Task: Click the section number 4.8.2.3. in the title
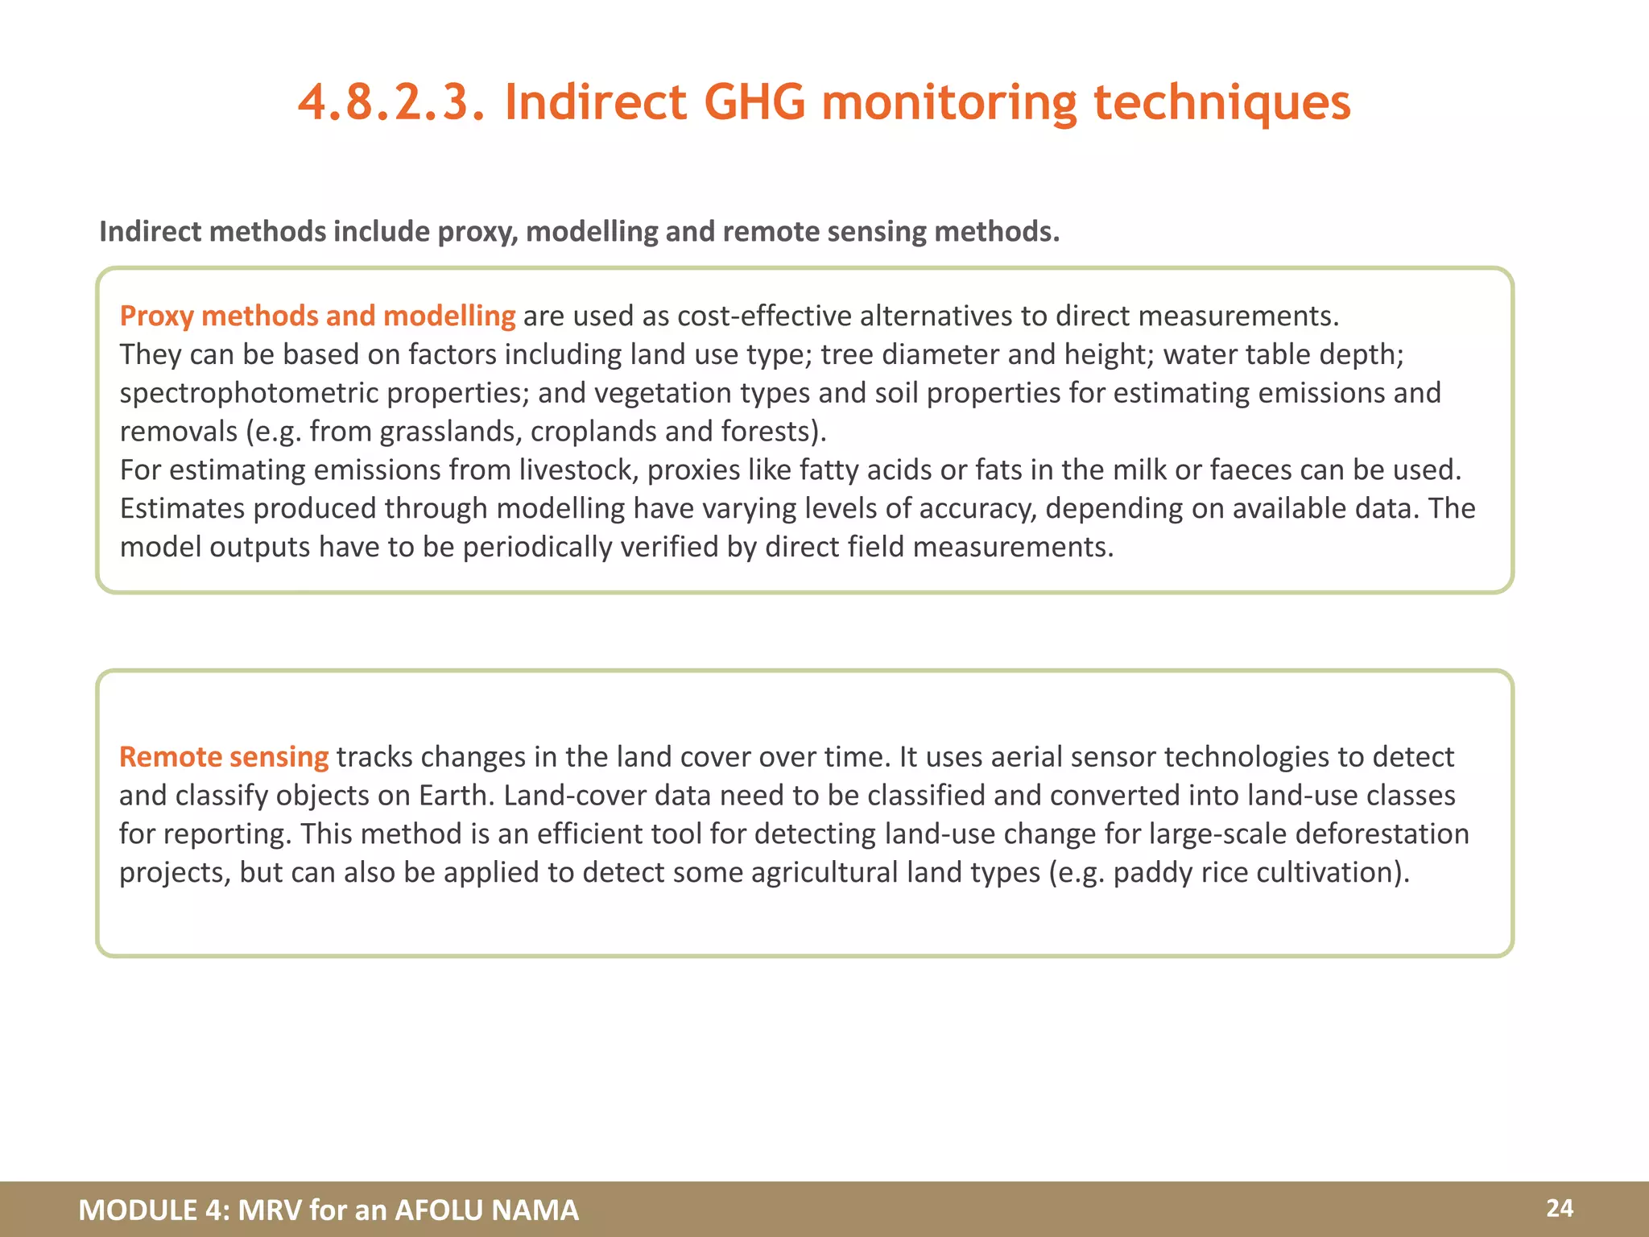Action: tap(391, 103)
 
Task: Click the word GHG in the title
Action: tap(754, 103)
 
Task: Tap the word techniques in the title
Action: tap(1221, 103)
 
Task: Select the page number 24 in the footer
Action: tap(1559, 1208)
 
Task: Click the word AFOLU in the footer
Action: tap(438, 1210)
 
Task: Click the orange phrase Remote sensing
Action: tap(224, 757)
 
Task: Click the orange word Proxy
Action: tap(156, 316)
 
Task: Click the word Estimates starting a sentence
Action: tap(182, 508)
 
